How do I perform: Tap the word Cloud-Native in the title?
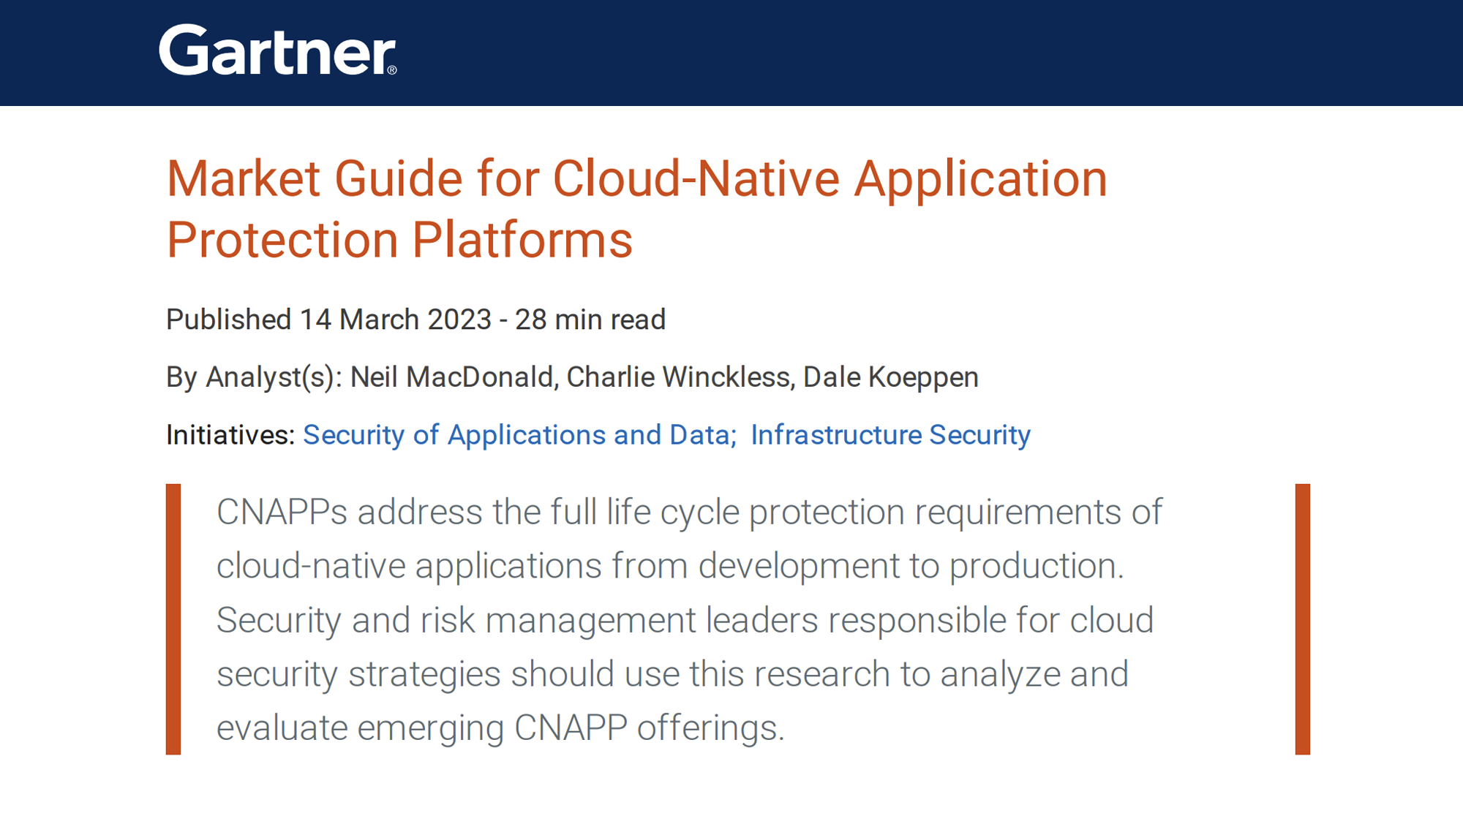(696, 179)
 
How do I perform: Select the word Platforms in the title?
(522, 240)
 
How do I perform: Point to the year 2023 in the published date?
(459, 320)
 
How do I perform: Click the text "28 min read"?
(590, 320)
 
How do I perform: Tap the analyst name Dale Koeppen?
(891, 377)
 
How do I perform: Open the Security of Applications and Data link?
(519, 435)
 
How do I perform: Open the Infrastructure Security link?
(890, 435)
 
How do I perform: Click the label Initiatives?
(230, 435)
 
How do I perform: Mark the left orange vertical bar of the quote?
(173, 619)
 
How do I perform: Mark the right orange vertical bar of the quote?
(1302, 619)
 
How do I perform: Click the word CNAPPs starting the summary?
(282, 512)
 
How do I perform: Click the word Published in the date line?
(229, 320)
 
